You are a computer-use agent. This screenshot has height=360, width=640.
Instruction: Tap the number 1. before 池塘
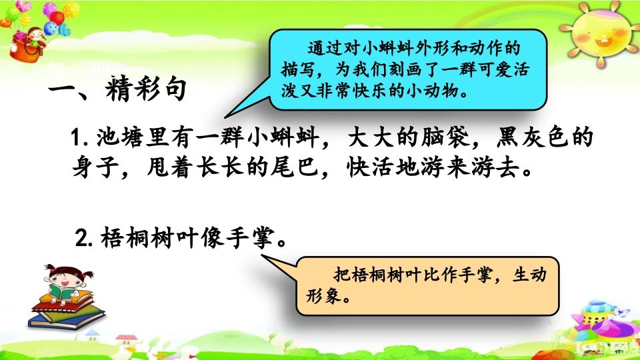tap(84, 142)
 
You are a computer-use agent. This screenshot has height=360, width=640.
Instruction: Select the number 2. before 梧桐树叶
tap(84, 238)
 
